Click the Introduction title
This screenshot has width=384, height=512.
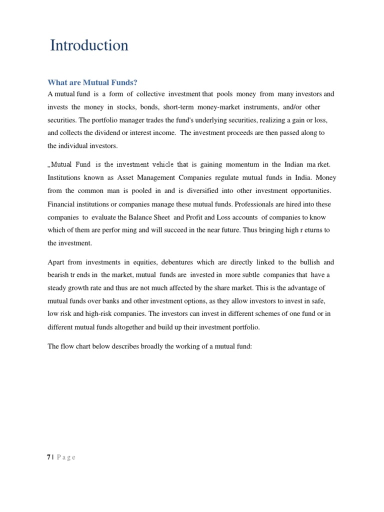[89, 46]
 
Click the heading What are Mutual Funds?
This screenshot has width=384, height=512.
[92, 82]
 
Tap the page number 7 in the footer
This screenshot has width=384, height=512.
[49, 457]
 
